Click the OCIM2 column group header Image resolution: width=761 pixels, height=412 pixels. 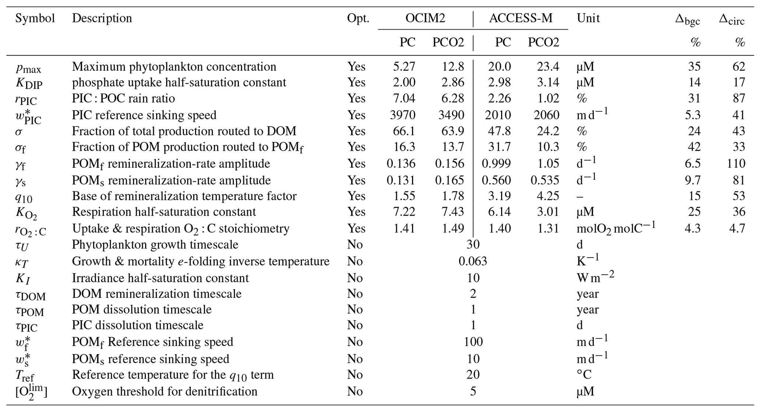point(425,18)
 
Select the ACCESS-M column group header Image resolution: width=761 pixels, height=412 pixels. point(521,18)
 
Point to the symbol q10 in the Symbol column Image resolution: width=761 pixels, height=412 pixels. point(24,197)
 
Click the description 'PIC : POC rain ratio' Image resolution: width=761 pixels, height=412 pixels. point(123,98)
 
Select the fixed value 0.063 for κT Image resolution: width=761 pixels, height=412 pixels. point(473,261)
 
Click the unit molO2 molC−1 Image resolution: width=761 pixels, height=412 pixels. point(616,228)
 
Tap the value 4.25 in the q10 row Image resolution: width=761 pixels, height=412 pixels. point(548,196)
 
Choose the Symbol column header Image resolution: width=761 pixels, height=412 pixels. point(35,18)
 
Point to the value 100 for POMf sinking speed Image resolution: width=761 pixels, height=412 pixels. point(473,342)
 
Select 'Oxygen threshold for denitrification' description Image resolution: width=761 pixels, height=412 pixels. point(165,391)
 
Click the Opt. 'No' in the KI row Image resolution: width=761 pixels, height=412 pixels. point(355,278)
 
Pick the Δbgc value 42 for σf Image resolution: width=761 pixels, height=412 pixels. point(694,147)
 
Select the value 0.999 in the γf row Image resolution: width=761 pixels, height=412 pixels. point(496,164)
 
